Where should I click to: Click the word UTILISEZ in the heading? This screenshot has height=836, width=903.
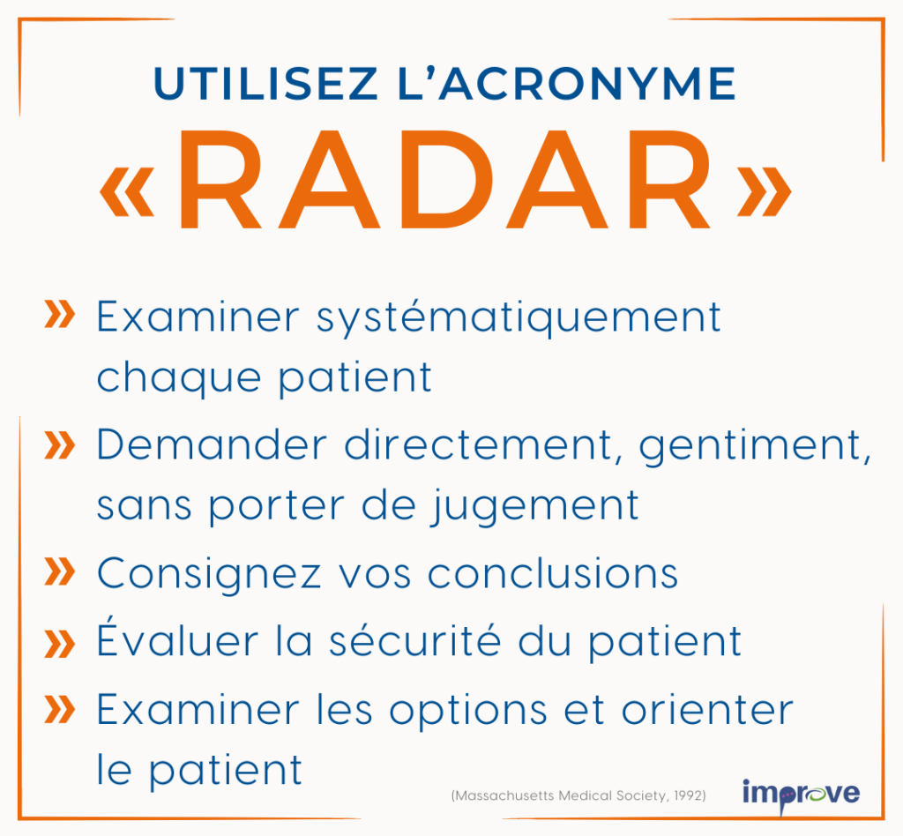[266, 84]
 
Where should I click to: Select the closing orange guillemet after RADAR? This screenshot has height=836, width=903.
[765, 191]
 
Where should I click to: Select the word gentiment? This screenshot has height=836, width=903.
[755, 448]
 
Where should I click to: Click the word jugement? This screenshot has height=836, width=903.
[535, 507]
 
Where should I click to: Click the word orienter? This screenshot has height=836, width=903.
[707, 709]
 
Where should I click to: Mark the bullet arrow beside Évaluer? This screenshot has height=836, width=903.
[59, 644]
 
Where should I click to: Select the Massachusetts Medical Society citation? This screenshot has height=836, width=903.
[578, 795]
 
